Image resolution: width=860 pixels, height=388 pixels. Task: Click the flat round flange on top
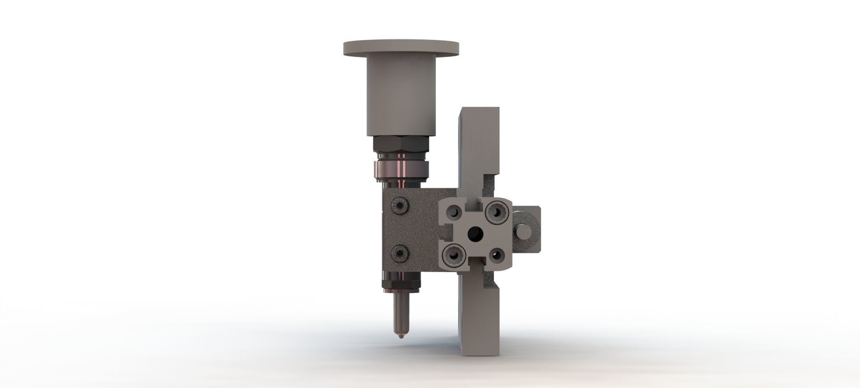pyautogui.click(x=401, y=47)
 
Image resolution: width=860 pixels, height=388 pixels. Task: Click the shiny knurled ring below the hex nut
pyautogui.click(x=401, y=170)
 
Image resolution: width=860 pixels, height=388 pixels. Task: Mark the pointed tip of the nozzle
pyautogui.click(x=400, y=335)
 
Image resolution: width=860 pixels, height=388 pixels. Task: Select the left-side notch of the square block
pyautogui.click(x=446, y=231)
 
